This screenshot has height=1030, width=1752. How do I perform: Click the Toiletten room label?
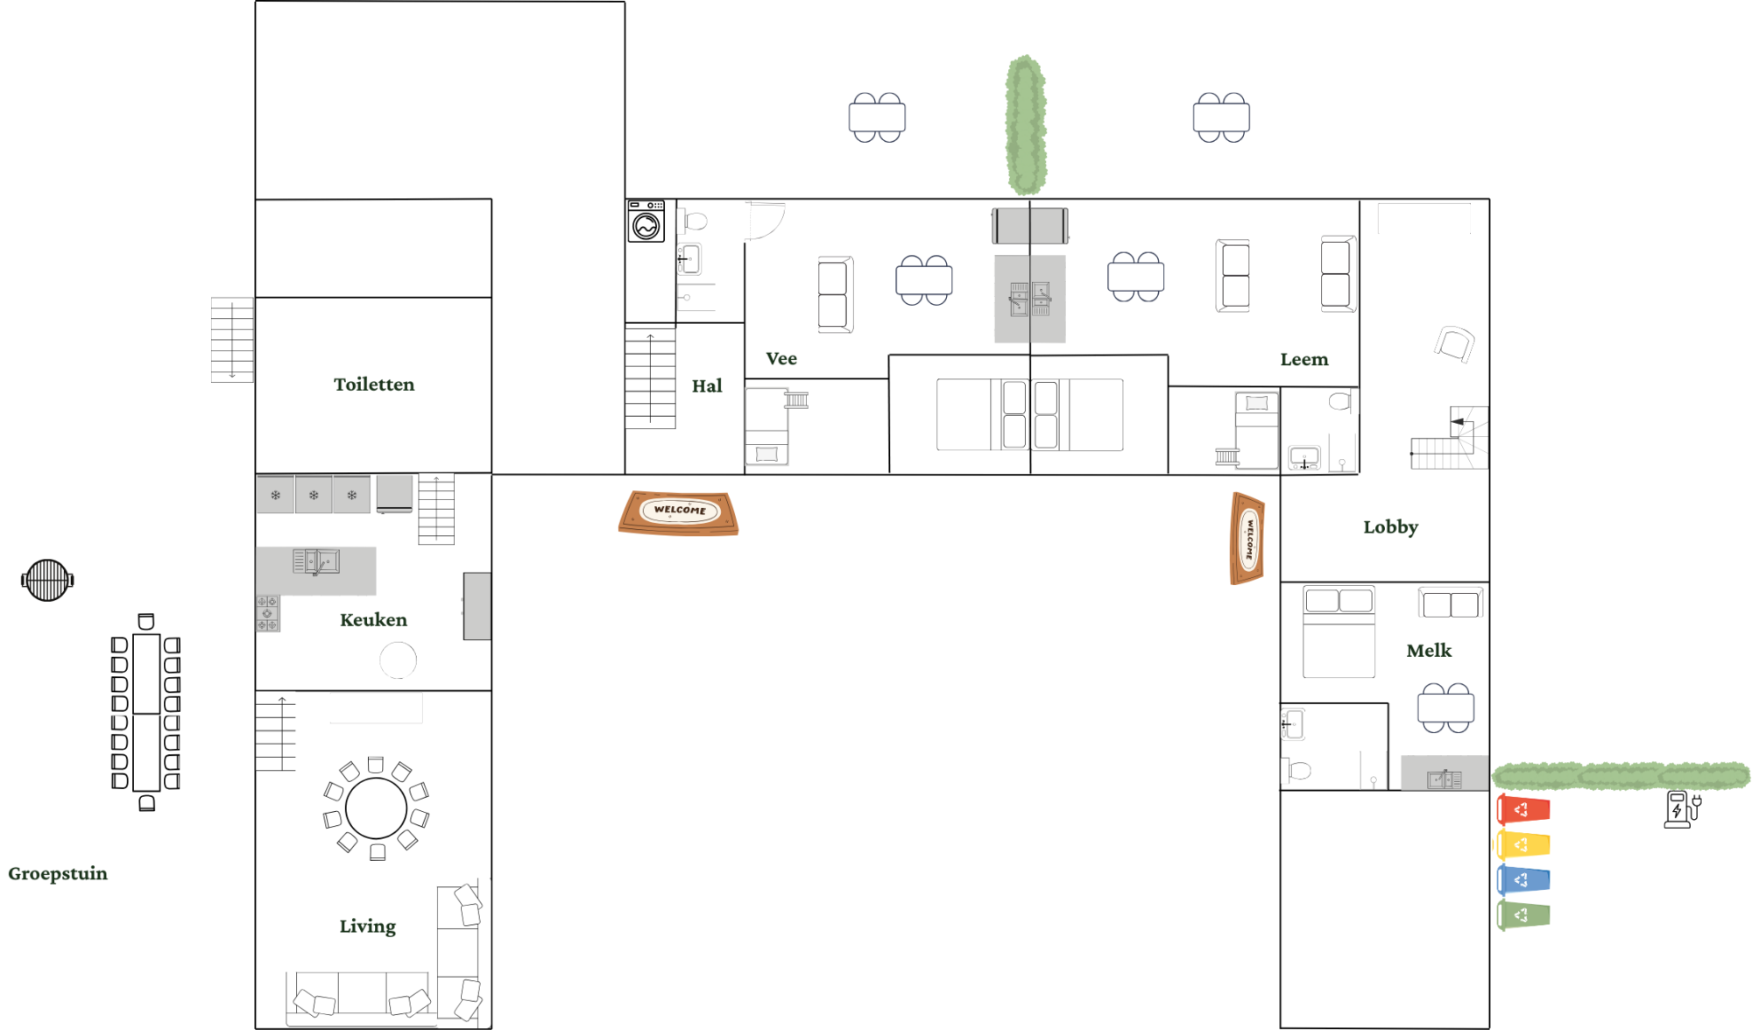pos(374,384)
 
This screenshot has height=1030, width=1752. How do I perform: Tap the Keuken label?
pos(373,620)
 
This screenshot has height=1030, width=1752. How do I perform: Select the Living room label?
pos(368,927)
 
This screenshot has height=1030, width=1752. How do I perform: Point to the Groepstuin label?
pos(58,874)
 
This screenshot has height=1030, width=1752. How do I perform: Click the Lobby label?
pos(1390,527)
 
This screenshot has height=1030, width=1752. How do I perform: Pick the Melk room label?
pos(1429,651)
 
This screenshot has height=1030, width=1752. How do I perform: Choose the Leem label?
pos(1304,359)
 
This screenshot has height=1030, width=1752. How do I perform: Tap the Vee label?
pos(781,358)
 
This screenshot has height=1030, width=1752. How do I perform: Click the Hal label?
pos(707,386)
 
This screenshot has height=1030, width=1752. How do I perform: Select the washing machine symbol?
pos(646,221)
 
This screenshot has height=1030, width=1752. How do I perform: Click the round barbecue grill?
pos(47,580)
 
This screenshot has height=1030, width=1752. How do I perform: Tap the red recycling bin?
pos(1523,810)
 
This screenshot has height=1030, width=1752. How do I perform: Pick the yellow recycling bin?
pos(1522,845)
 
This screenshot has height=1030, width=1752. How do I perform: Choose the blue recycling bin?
pos(1523,880)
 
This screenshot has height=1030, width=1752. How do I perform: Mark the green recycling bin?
pos(1523,915)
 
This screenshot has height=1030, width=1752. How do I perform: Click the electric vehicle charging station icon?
pos(1681,809)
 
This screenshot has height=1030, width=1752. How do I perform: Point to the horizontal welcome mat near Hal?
pos(678,512)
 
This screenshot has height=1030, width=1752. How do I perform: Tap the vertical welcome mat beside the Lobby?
pos(1247,538)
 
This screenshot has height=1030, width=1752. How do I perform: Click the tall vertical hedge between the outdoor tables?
pos(1026,125)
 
